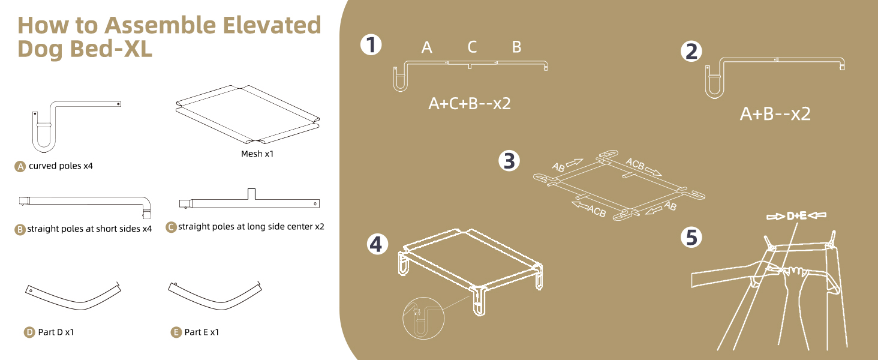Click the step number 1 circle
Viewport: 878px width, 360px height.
click(x=371, y=45)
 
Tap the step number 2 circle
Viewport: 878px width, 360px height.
click(x=691, y=52)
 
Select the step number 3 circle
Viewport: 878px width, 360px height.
click(x=509, y=161)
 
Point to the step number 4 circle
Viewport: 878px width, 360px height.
click(x=377, y=244)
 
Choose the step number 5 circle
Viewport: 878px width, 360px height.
click(x=691, y=238)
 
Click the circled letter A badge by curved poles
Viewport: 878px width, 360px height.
click(x=20, y=167)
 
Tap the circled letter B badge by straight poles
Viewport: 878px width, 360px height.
click(x=20, y=229)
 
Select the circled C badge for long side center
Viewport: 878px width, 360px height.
click(x=171, y=227)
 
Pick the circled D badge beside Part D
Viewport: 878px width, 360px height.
click(x=29, y=332)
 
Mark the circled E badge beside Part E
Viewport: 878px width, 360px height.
click(x=176, y=332)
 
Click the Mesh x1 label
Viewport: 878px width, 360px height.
click(x=257, y=154)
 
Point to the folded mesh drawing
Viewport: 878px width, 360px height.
click(x=248, y=114)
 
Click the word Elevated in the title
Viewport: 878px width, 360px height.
click(x=272, y=25)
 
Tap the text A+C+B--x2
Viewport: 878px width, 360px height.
click(x=470, y=104)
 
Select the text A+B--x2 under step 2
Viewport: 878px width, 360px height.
click(x=775, y=114)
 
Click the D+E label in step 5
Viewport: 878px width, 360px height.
click(x=796, y=215)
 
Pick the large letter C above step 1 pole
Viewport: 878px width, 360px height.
click(x=472, y=47)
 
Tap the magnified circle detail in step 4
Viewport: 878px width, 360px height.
click(x=423, y=318)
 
